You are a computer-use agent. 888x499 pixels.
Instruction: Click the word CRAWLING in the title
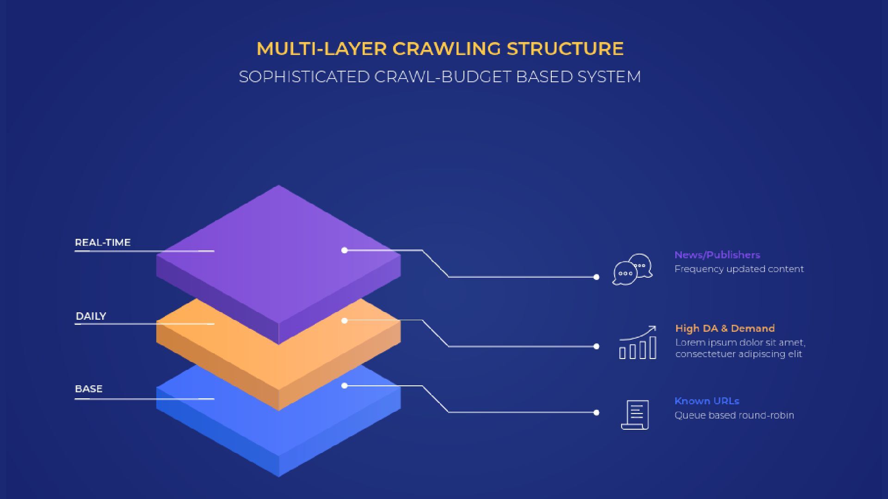point(446,49)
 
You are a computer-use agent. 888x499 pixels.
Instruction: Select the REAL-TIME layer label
point(103,243)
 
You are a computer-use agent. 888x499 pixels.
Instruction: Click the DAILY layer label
point(91,316)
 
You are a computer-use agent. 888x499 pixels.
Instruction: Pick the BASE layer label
point(89,389)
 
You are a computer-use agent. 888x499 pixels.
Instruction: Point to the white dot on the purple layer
point(344,250)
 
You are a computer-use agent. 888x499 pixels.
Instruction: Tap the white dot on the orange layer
point(344,320)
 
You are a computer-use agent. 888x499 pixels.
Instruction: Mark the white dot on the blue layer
point(344,385)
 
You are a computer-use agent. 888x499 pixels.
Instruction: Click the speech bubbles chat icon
point(632,269)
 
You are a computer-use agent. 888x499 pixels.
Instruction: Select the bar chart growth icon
point(638,343)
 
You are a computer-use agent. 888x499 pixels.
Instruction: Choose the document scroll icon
point(635,414)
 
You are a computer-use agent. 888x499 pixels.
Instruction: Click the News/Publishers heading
point(717,255)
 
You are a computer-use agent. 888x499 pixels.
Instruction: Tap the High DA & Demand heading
point(725,329)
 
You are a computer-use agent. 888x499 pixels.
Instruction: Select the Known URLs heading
point(707,401)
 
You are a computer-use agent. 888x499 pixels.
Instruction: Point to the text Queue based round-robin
point(734,415)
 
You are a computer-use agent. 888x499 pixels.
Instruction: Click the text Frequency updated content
point(739,269)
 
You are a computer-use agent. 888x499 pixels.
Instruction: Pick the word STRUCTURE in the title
point(565,49)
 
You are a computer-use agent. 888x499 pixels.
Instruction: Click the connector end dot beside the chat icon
point(596,277)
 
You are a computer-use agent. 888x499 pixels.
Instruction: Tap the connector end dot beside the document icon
point(596,413)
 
